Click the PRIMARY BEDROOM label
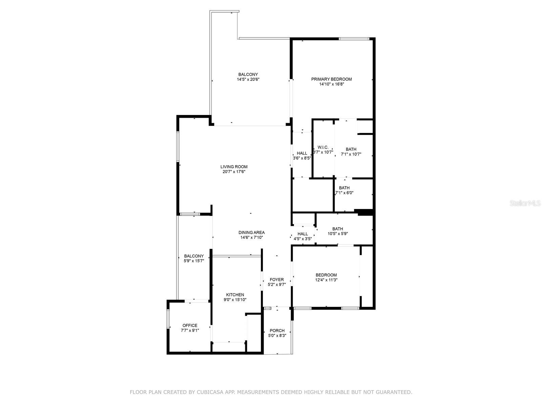click(331, 79)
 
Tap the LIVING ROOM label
click(234, 167)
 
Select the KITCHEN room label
click(235, 295)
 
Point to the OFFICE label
click(190, 325)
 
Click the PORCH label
click(277, 331)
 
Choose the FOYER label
click(276, 279)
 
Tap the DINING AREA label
click(251, 232)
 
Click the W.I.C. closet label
click(323, 147)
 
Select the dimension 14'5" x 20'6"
click(248, 80)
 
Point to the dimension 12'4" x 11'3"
click(326, 280)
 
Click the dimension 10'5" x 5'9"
click(337, 234)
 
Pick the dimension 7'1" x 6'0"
click(344, 193)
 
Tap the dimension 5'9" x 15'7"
click(194, 261)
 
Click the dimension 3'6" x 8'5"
click(302, 158)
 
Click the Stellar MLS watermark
click(525, 203)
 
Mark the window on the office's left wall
click(168, 319)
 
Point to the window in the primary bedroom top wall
click(354, 39)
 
